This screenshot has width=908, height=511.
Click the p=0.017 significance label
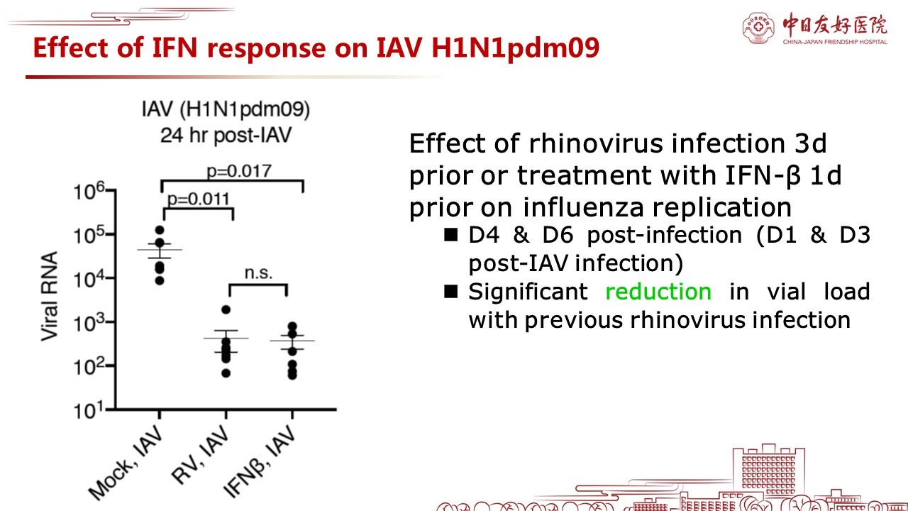coord(239,172)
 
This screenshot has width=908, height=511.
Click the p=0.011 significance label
coord(199,199)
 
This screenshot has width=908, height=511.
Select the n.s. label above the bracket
coord(259,273)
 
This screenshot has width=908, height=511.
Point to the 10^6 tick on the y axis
coord(111,189)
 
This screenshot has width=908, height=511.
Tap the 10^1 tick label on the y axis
coord(89,410)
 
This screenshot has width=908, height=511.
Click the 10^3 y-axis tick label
coord(89,323)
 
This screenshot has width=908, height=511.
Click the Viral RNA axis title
coord(50,296)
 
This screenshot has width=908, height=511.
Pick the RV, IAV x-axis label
coord(200,454)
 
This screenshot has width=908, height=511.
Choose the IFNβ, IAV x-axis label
coord(260,461)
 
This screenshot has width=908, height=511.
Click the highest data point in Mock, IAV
coord(160,231)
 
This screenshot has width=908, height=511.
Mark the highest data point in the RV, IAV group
coord(226,310)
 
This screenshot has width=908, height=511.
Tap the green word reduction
coord(658,292)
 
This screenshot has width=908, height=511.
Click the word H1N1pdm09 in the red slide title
coord(516,48)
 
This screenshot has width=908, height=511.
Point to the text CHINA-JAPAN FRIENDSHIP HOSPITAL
coord(835,42)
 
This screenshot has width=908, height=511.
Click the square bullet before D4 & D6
coord(450,234)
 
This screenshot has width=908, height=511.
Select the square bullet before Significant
coord(450,291)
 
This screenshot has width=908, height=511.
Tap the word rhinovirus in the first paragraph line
coord(597,143)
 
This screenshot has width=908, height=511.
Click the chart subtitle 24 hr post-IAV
coord(226,135)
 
